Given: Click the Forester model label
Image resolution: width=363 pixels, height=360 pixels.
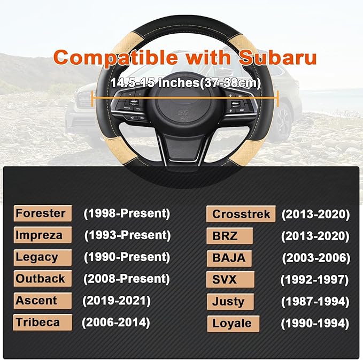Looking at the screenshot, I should point(42,213).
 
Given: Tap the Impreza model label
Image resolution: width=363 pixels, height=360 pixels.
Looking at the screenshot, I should point(40,235).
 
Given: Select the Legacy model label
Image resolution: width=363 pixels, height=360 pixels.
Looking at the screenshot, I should point(38,257).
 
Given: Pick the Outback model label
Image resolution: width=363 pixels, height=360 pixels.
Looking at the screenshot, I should point(41,279).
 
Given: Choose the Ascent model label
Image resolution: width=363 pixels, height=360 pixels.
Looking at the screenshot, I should point(37,301).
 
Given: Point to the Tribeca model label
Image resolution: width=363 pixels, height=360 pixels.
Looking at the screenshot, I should point(37,323).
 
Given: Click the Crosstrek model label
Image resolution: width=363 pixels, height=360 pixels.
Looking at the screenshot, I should point(241,214).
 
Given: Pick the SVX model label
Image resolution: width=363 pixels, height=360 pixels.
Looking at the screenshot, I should point(225,280).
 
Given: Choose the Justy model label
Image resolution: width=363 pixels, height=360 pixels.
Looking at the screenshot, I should point(229,302).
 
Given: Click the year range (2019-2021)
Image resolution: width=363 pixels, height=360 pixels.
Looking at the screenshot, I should point(116,301).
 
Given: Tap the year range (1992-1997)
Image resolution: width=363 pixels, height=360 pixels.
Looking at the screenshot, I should point(315,280).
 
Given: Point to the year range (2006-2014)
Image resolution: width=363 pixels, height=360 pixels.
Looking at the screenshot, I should point(115,323).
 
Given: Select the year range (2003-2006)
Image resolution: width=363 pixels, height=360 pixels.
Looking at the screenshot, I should point(316,258).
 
